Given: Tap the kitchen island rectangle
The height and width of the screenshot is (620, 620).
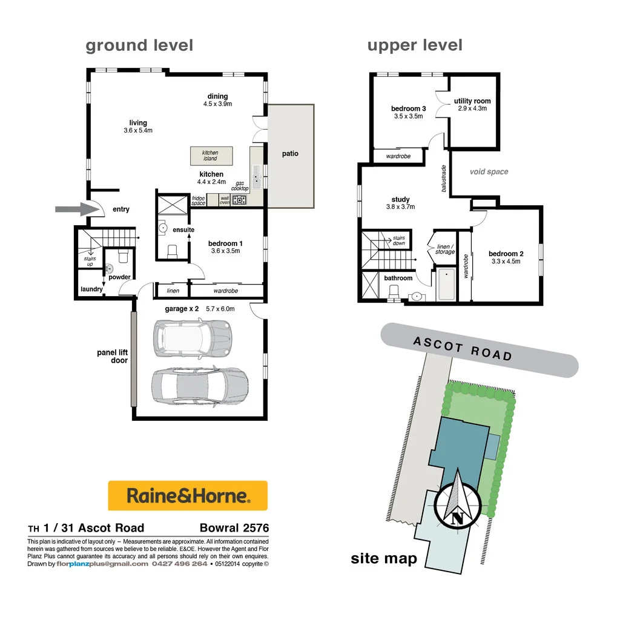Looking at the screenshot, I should pyautogui.click(x=210, y=156).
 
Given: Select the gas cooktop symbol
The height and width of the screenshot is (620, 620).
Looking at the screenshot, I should pyautogui.click(x=240, y=200).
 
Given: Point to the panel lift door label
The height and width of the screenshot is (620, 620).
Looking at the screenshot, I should pyautogui.click(x=112, y=356).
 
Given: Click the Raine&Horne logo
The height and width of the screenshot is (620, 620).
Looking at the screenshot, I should pyautogui.click(x=187, y=496).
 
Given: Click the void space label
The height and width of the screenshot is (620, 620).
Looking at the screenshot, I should pyautogui.click(x=489, y=172).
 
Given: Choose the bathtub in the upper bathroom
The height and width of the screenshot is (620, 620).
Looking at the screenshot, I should pyautogui.click(x=446, y=285).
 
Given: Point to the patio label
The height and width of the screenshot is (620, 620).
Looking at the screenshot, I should pyautogui.click(x=290, y=154).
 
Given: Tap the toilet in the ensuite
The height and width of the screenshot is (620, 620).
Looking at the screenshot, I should pyautogui.click(x=171, y=250).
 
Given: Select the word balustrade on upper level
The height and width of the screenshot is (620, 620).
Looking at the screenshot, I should pyautogui.click(x=444, y=179).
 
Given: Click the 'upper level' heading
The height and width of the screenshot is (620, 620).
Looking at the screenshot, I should pyautogui.click(x=415, y=45).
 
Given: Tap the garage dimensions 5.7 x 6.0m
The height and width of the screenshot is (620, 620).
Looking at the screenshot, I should pyautogui.click(x=220, y=309).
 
